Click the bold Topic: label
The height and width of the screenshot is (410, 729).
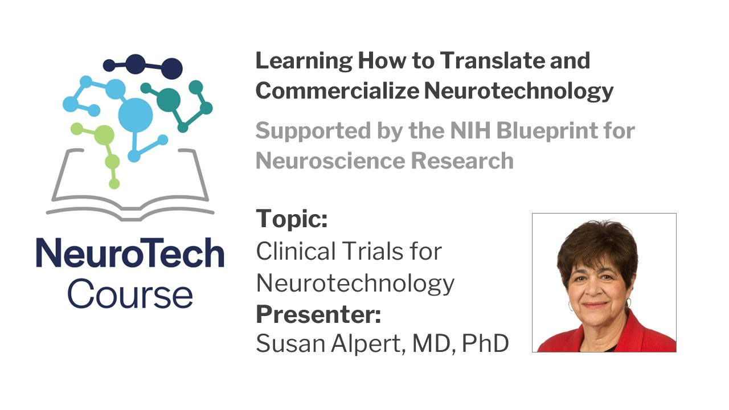tap(292, 219)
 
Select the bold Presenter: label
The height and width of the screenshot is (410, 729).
tap(318, 313)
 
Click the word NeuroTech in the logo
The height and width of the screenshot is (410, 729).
tap(130, 254)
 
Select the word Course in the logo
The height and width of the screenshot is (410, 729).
tap(130, 294)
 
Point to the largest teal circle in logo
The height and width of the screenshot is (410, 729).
tap(169, 100)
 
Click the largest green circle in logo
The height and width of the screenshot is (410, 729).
tap(104, 135)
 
